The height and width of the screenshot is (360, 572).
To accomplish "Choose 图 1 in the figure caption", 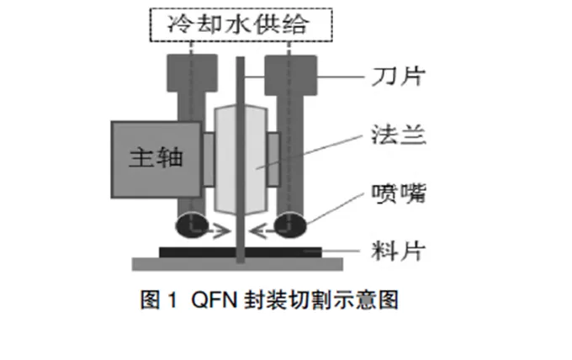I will pos(158,300).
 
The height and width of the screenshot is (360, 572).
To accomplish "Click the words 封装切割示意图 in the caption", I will pos(321,300).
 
